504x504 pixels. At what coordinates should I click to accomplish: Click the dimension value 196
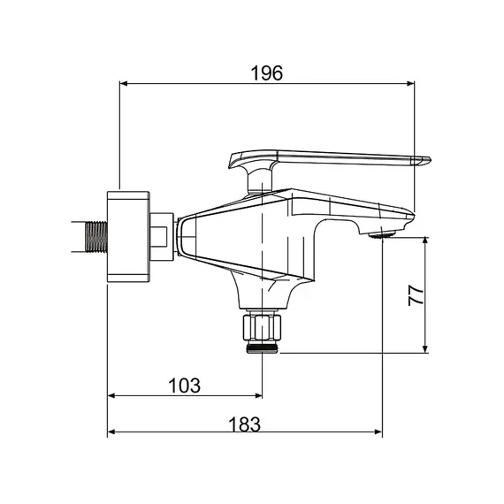point(266,73)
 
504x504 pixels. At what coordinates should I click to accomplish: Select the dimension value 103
point(184,386)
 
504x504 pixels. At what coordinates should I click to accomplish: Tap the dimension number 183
point(244,424)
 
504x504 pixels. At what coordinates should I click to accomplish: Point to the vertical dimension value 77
point(416,295)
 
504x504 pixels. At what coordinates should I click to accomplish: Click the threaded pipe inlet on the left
point(95,237)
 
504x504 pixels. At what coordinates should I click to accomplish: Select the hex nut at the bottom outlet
point(263,327)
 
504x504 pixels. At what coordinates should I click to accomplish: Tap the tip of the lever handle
point(430,159)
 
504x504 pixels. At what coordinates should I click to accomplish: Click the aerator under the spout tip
point(382,234)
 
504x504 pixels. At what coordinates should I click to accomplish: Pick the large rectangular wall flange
point(128,237)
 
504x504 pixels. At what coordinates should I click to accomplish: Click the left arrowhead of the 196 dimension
point(124,84)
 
